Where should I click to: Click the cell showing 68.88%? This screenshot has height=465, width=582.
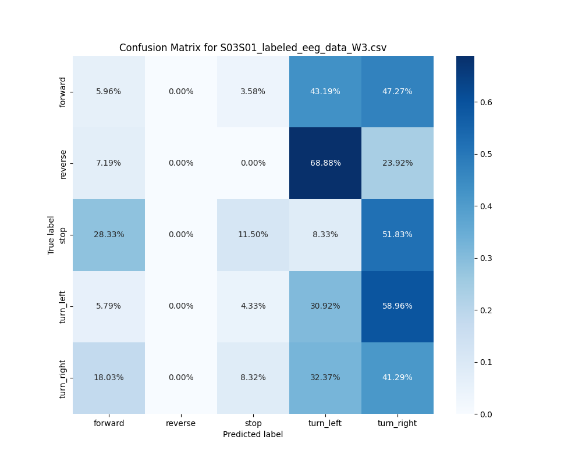pyautogui.click(x=325, y=163)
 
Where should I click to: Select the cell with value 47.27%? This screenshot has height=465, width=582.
pyautogui.click(x=398, y=91)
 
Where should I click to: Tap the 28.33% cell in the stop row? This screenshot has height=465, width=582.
pyautogui.click(x=109, y=234)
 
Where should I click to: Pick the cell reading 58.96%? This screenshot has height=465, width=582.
pyautogui.click(x=398, y=306)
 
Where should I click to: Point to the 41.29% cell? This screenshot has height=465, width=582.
pyautogui.click(x=398, y=377)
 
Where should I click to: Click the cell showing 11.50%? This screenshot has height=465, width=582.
pyautogui.click(x=253, y=234)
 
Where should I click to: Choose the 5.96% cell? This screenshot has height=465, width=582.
pyautogui.click(x=109, y=91)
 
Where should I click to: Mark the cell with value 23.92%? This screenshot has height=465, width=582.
pyautogui.click(x=398, y=163)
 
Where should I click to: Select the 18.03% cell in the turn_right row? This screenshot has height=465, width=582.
pyautogui.click(x=109, y=377)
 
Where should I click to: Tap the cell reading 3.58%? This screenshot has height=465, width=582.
pyautogui.click(x=253, y=91)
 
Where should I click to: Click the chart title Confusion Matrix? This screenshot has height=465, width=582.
pyautogui.click(x=253, y=48)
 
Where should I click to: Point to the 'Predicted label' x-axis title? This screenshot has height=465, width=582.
pyautogui.click(x=253, y=434)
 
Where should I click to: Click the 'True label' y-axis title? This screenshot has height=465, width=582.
pyautogui.click(x=51, y=235)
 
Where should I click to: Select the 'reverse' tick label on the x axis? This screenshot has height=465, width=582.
pyautogui.click(x=181, y=423)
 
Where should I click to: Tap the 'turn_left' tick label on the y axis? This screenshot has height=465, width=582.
pyautogui.click(x=63, y=306)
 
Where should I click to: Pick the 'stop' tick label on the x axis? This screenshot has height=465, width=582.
pyautogui.click(x=253, y=423)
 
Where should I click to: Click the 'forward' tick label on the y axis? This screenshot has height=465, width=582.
pyautogui.click(x=63, y=91)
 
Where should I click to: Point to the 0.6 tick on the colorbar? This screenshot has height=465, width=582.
pyautogui.click(x=487, y=102)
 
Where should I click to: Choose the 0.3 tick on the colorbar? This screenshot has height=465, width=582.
pyautogui.click(x=487, y=258)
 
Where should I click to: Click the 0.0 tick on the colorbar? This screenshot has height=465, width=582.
pyautogui.click(x=487, y=414)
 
